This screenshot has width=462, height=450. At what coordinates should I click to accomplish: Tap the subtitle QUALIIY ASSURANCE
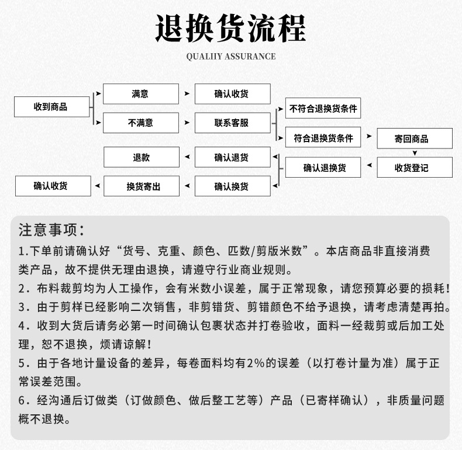(230, 57)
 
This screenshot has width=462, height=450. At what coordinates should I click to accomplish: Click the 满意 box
(141, 94)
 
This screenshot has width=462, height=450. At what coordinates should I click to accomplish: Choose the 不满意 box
(141, 123)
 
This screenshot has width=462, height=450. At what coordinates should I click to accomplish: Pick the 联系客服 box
(232, 123)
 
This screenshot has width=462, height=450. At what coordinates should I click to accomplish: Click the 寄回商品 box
(414, 139)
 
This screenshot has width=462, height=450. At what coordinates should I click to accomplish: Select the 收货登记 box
(414, 168)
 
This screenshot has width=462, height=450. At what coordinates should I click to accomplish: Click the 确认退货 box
(232, 157)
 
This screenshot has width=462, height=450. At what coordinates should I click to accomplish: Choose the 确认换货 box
(232, 186)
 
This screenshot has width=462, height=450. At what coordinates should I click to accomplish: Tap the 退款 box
(141, 157)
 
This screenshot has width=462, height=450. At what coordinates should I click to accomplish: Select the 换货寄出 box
(141, 186)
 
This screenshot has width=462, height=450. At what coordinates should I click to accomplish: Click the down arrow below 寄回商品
(414, 153)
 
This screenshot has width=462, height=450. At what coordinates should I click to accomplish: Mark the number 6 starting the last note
(23, 401)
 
